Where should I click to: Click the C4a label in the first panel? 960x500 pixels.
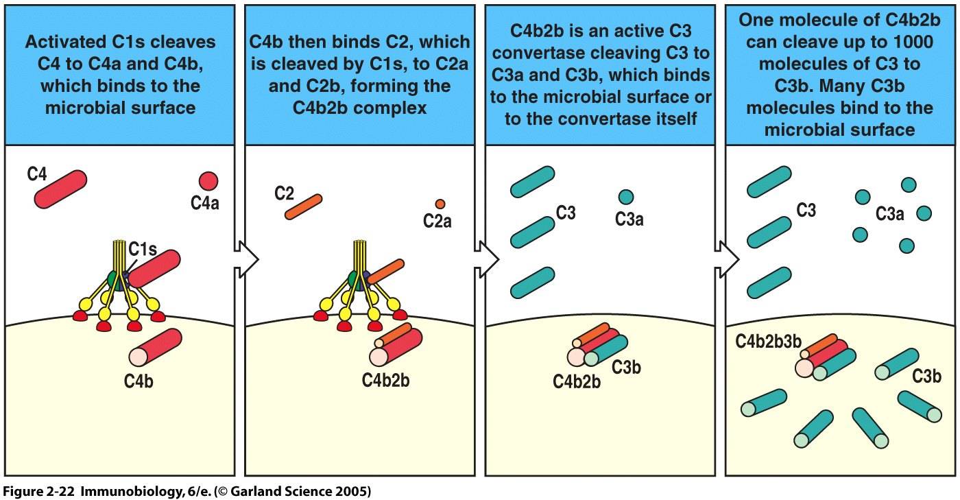coord(205,203)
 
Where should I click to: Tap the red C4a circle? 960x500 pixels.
coord(208,181)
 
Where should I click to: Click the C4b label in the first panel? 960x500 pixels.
coord(139,379)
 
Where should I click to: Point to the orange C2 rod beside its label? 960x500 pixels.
coord(302,206)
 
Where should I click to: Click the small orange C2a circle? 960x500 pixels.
coord(440,204)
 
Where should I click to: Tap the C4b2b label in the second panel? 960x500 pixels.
coord(386,379)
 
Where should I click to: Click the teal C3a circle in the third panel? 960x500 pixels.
coord(625,198)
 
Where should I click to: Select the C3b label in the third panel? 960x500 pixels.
coord(626,368)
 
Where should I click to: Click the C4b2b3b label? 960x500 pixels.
coord(769,342)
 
